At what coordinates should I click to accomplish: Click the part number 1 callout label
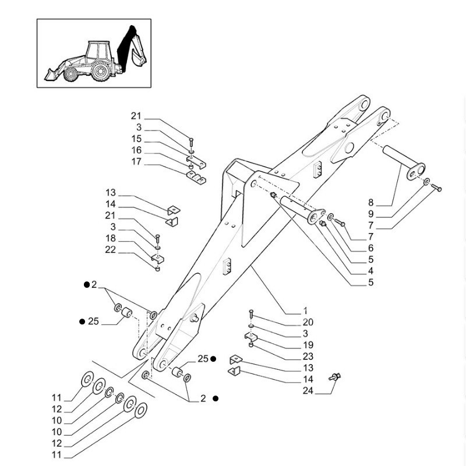point(305,311)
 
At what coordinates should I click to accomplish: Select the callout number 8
point(371,203)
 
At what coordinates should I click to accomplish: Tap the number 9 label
point(371,214)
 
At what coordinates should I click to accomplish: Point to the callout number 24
point(308,391)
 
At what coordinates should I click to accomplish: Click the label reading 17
point(136,161)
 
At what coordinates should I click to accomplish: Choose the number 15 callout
point(136,139)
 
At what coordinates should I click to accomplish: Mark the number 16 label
point(136,150)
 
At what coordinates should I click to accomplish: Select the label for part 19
point(308,345)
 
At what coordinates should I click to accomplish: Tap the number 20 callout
point(308,322)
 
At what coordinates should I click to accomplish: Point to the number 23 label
point(308,356)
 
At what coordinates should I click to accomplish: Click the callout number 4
point(371,271)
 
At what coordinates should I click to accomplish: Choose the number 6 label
point(371,248)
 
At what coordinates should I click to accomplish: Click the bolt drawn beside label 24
point(334,377)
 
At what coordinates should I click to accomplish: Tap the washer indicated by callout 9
point(427,182)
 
